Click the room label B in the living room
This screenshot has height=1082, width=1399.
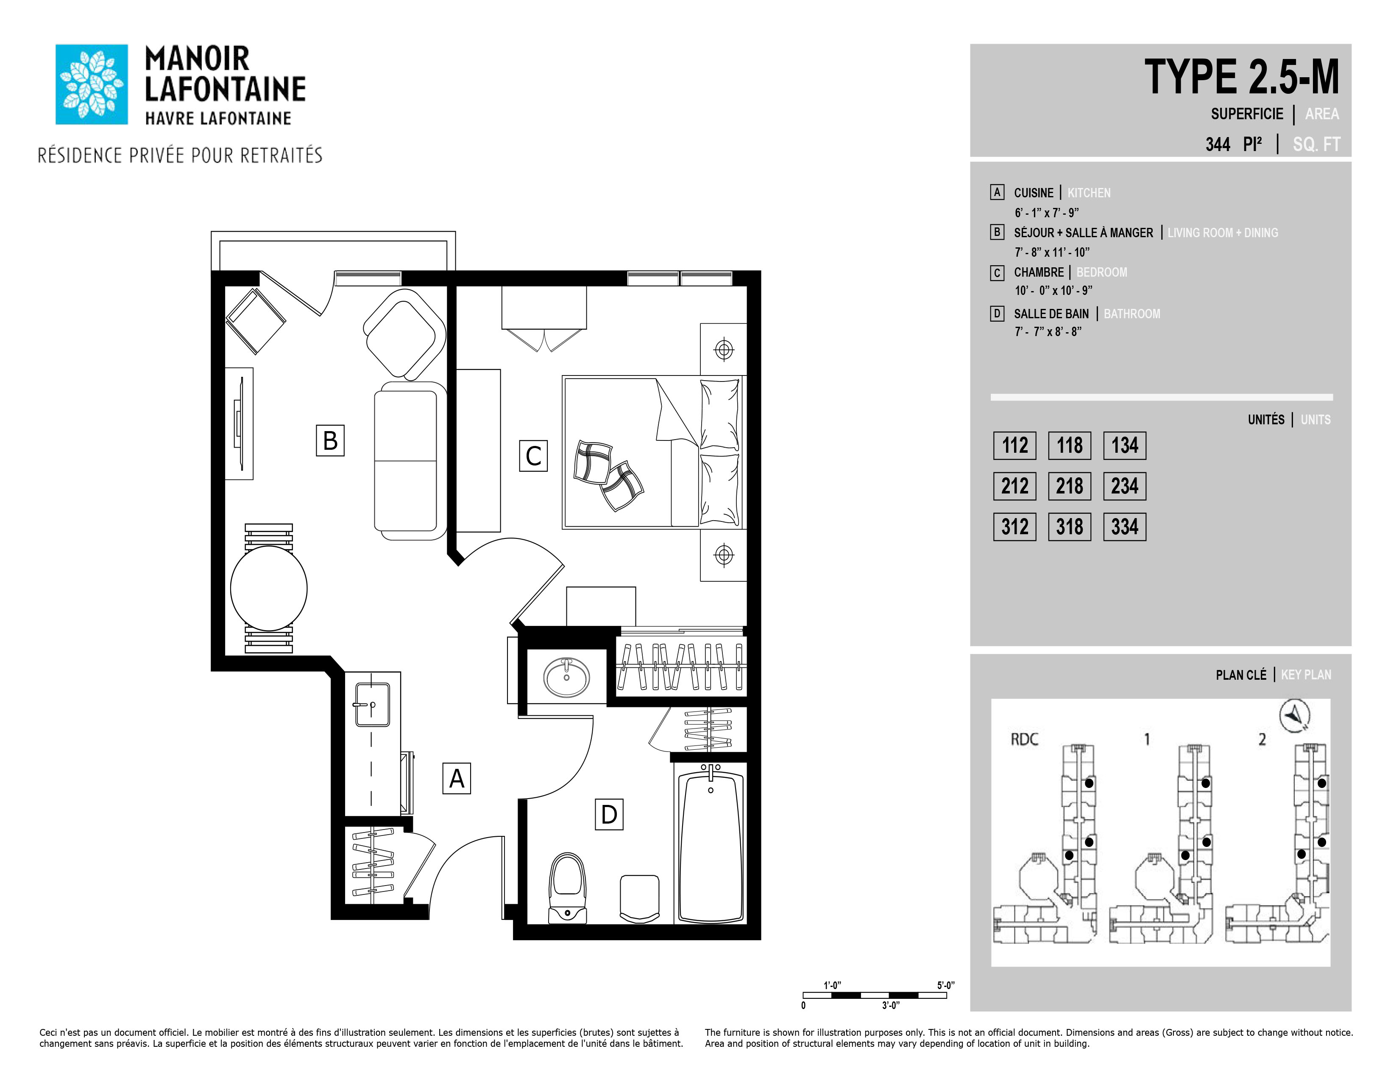(x=330, y=440)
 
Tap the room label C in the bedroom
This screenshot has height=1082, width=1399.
(x=533, y=456)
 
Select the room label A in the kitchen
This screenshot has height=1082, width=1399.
(x=457, y=778)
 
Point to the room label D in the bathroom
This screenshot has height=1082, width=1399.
(x=608, y=814)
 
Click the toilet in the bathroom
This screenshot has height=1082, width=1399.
(x=568, y=888)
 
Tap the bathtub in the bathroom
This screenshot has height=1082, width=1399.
(x=711, y=844)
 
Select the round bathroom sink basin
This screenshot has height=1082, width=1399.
(x=566, y=677)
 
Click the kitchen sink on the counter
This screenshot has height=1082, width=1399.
(x=372, y=704)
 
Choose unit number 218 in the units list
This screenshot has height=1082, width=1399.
(x=1069, y=486)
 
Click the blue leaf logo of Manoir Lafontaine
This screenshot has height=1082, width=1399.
(x=92, y=84)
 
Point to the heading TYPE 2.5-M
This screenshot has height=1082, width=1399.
(x=1241, y=77)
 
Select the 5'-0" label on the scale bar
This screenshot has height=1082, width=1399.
(x=945, y=984)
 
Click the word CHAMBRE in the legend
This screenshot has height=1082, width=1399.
(x=1038, y=272)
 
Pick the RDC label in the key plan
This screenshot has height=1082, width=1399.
(x=1024, y=739)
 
